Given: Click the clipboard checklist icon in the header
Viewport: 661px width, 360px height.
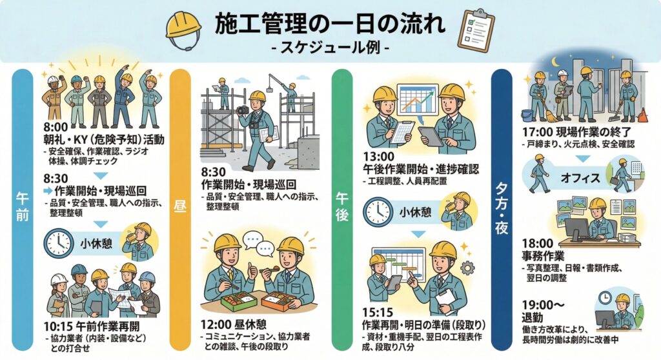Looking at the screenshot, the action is [x=476, y=30].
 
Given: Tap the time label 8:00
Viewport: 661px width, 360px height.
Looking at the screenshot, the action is [x=56, y=127].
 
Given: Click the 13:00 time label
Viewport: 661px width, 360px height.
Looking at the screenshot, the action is [x=378, y=157].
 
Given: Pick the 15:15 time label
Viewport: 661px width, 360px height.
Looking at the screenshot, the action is [x=378, y=313].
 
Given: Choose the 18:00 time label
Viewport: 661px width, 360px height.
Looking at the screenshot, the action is [x=538, y=244].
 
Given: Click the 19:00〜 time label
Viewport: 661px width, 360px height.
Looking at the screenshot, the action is [x=543, y=305].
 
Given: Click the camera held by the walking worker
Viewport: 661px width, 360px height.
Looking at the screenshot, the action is [x=243, y=110].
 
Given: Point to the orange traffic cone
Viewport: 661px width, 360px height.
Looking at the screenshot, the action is [x=642, y=115].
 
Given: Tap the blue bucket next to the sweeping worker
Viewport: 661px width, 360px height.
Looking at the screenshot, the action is [x=527, y=115].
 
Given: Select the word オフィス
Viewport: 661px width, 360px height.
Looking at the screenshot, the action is [x=580, y=177].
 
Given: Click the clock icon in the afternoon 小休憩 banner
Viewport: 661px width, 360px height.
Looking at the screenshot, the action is [x=378, y=212].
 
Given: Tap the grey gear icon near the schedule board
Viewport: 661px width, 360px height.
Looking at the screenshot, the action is [x=467, y=268].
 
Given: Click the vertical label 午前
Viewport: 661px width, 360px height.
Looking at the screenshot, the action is [x=23, y=206].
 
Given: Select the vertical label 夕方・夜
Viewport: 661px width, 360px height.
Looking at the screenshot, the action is [x=502, y=208].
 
